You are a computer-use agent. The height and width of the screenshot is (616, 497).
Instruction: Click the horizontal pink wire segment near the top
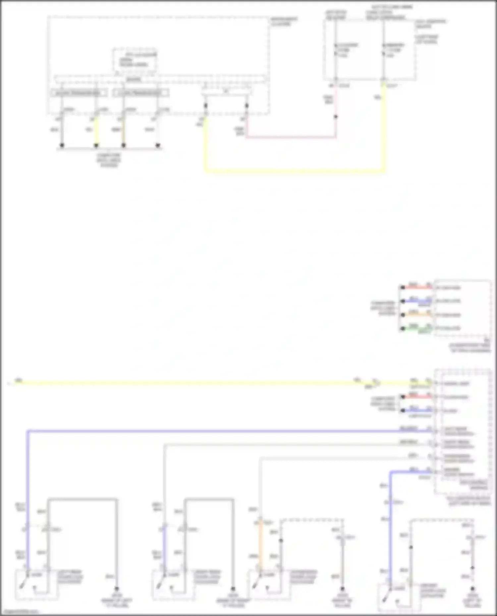pyautogui.click(x=292, y=136)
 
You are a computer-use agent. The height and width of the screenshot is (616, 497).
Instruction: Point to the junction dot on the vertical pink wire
pyautogui.click(x=336, y=117)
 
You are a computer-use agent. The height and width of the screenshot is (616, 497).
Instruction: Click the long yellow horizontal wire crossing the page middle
pyautogui.click(x=199, y=383)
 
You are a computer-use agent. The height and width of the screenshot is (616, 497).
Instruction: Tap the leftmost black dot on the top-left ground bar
pyautogui.click(x=62, y=145)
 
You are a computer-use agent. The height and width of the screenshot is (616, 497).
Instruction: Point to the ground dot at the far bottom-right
pyautogui.click(x=472, y=589)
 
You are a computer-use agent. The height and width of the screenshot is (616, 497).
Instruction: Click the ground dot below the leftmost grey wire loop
pyautogui.click(x=116, y=589)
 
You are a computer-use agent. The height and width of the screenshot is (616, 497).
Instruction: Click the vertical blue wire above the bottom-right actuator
pyautogui.click(x=391, y=530)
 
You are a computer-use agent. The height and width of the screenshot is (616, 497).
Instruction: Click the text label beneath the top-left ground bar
pyautogui.click(x=109, y=160)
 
